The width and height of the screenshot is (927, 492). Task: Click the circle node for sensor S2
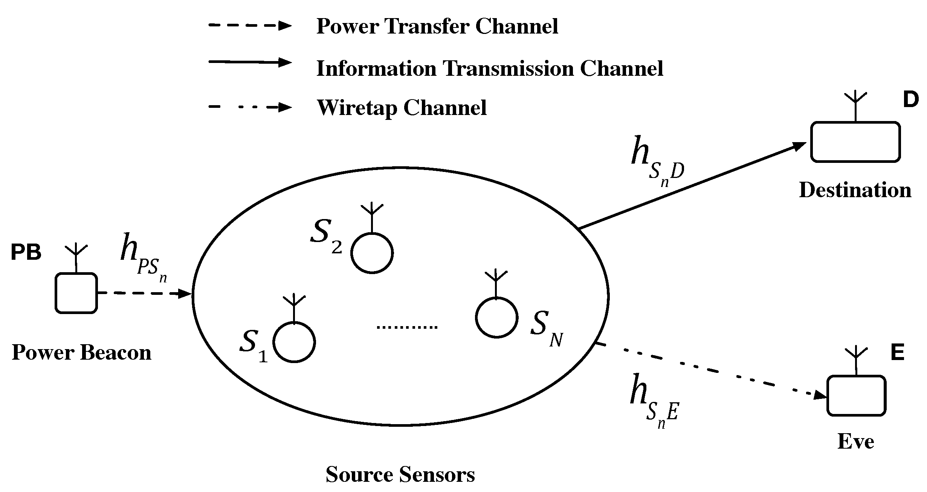click(372, 253)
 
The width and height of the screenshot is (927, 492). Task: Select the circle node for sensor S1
click(294, 342)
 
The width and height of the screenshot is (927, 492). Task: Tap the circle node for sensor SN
click(496, 317)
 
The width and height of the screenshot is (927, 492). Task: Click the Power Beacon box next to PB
click(76, 293)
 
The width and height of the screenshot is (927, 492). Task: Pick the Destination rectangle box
click(855, 142)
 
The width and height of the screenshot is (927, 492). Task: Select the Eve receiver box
click(856, 395)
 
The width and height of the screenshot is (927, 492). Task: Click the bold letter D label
click(910, 100)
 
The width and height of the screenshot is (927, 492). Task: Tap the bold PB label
click(26, 253)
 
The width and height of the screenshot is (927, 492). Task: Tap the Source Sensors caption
click(400, 475)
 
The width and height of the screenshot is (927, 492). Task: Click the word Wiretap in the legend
click(357, 108)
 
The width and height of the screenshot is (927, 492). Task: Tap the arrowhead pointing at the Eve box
click(820, 395)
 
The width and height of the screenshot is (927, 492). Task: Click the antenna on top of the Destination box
click(855, 106)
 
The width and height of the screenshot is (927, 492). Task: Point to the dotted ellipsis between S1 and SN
click(407, 327)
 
